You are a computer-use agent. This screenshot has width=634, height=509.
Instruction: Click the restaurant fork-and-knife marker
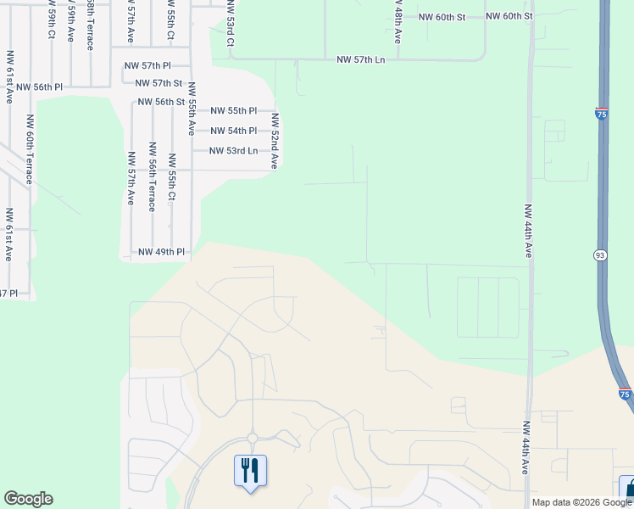point(250,470)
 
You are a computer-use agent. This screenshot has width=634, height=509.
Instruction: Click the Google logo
point(28,499)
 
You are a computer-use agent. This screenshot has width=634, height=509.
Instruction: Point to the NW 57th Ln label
point(360,59)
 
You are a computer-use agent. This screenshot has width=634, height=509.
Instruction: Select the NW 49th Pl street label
point(160,252)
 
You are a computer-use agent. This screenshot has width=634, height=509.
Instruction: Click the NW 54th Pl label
point(233,131)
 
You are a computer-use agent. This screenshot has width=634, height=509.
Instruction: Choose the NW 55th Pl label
point(233,110)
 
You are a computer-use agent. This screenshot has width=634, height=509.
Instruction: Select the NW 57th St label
point(159,82)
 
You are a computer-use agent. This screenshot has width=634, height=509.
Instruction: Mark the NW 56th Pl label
point(39,87)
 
